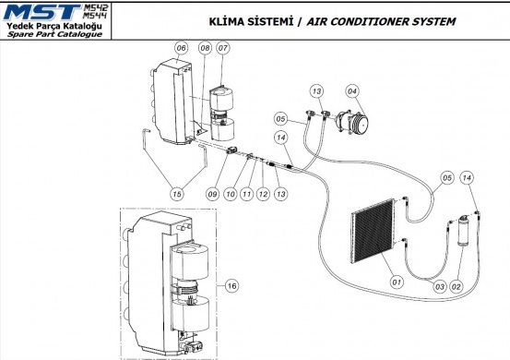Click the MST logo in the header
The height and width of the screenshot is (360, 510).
click(x=42, y=12)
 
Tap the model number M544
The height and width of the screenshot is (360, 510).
click(x=95, y=16)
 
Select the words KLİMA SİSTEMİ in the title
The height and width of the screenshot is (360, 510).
click(x=251, y=22)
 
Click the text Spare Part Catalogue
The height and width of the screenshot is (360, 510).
click(x=54, y=34)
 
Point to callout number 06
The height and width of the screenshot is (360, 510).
click(x=181, y=48)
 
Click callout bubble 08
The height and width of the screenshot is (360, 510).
click(x=205, y=48)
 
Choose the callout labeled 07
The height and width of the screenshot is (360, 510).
click(x=223, y=48)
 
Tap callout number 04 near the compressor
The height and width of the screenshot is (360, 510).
click(x=352, y=91)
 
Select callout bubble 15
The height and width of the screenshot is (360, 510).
click(x=177, y=194)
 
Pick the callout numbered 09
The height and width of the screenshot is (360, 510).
click(x=212, y=194)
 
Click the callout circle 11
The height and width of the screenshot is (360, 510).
click(x=246, y=194)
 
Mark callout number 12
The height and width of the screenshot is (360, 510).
click(x=263, y=194)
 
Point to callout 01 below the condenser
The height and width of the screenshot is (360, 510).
click(x=397, y=282)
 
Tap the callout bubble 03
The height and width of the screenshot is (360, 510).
click(x=439, y=287)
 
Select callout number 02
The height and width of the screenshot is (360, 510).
click(x=456, y=287)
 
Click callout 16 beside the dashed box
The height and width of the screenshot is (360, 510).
click(x=231, y=286)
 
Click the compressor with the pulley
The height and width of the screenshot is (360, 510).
click(x=352, y=121)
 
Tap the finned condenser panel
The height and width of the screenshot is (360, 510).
click(x=374, y=231)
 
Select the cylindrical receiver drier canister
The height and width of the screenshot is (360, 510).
click(x=463, y=231)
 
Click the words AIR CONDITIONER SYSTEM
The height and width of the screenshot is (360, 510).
click(x=381, y=22)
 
